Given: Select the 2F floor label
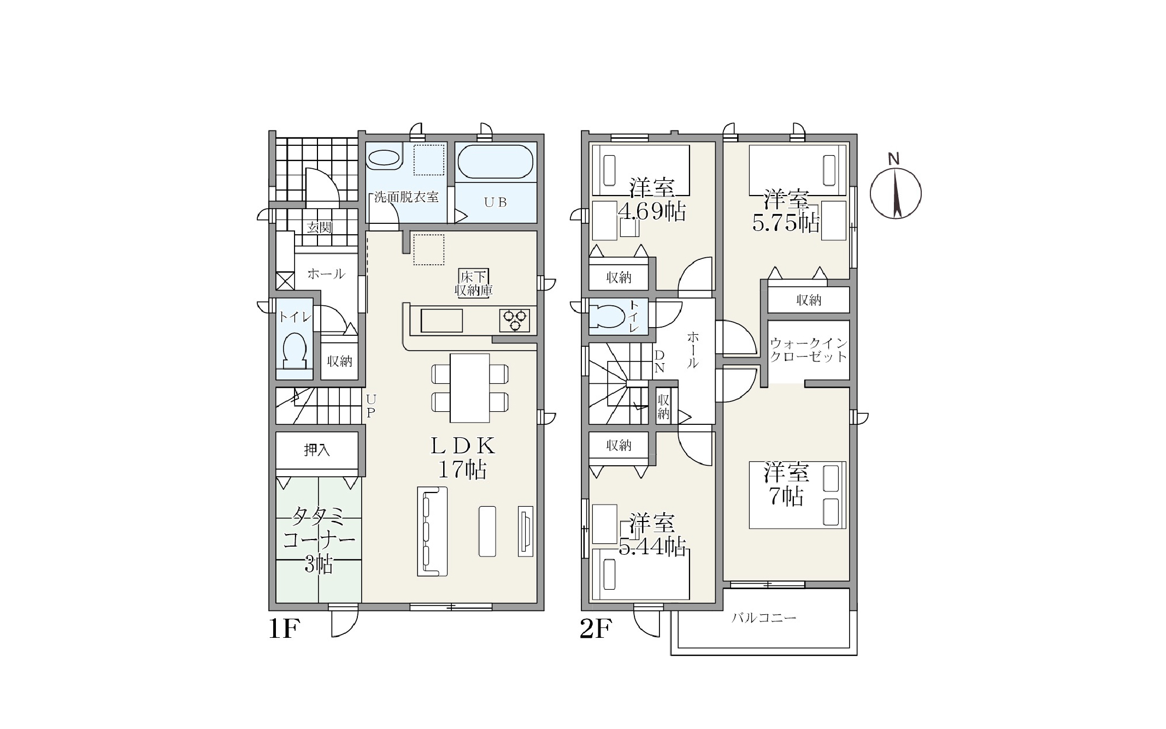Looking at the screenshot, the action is [x=595, y=629].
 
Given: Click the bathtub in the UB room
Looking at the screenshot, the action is [x=495, y=162].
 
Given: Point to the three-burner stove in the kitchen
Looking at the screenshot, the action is [x=514, y=320].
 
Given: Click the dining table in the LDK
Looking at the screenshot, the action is [x=469, y=388].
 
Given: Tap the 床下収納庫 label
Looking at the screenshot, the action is [x=474, y=283].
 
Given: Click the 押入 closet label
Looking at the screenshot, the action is [x=317, y=450].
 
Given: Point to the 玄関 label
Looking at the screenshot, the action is [x=319, y=227].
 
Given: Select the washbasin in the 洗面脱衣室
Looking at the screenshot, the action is [x=384, y=159].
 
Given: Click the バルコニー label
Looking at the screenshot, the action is [x=764, y=618].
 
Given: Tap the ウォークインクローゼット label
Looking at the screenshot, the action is [x=809, y=350].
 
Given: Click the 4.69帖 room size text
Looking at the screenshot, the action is [x=651, y=211].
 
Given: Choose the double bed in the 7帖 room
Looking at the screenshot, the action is [x=797, y=495].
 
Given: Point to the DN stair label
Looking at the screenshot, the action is [x=659, y=361].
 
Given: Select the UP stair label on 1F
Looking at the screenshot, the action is [x=370, y=406].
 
